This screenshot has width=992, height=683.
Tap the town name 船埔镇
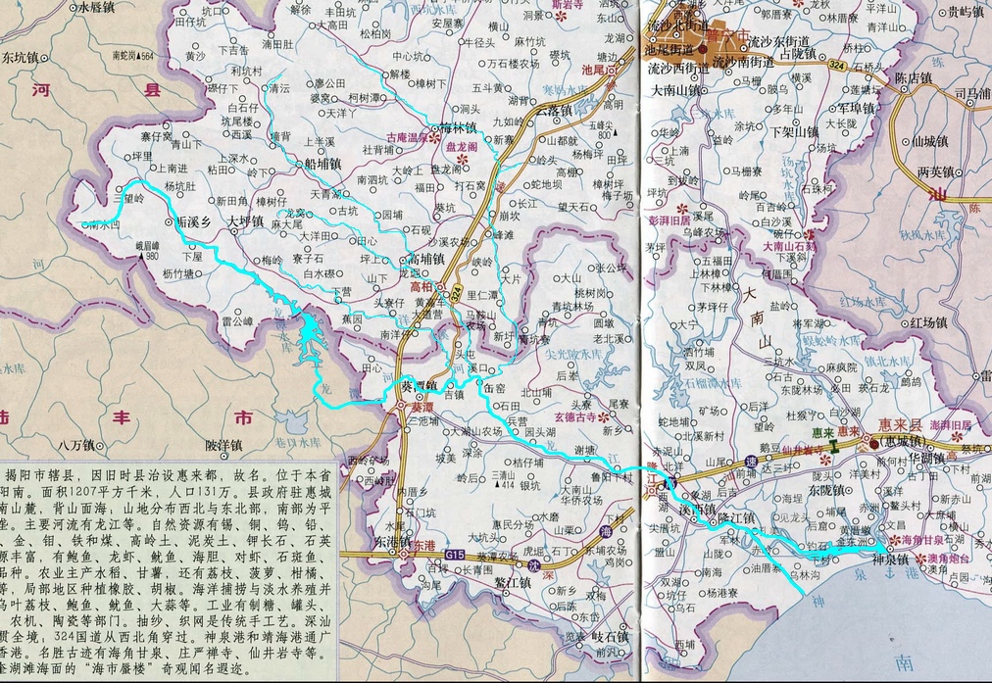pos(322,164)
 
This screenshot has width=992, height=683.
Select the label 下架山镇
pos(795,130)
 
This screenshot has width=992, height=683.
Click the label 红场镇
pos(928,321)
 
